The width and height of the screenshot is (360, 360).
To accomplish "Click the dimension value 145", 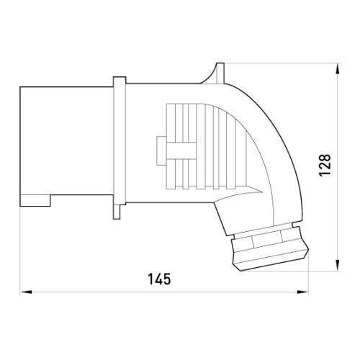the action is [x=159, y=279].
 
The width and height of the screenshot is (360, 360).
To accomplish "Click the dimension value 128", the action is [x=325, y=166].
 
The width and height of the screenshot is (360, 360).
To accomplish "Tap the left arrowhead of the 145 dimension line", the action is [x=26, y=292].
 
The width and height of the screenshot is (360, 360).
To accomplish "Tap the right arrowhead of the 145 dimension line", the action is [x=302, y=292].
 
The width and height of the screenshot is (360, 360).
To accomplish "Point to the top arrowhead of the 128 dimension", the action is [x=338, y=69].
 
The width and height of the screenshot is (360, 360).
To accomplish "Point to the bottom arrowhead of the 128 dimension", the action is [x=338, y=265].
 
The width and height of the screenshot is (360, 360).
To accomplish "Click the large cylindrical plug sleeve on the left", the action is [x=66, y=146].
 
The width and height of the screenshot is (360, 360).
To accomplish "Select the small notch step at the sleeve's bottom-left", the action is [x=35, y=201].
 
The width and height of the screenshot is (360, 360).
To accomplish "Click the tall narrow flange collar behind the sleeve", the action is [x=120, y=141].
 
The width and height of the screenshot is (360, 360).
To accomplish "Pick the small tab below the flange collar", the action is [x=117, y=212].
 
